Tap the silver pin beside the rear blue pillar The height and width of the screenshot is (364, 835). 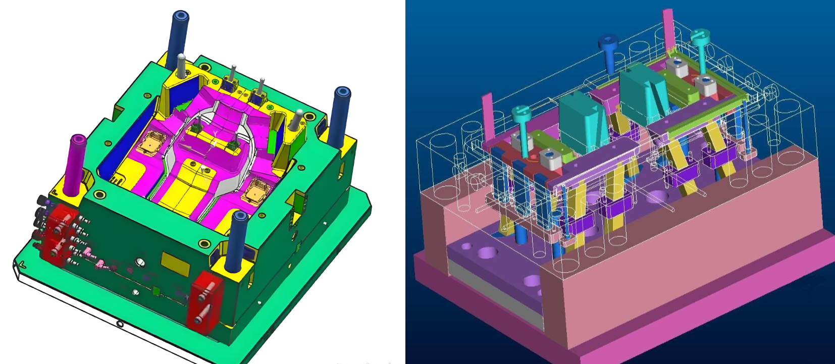pyautogui.click(x=181, y=66)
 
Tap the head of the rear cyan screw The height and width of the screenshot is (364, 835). pyautogui.click(x=700, y=35)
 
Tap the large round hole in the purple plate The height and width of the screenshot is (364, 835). pyautogui.click(x=487, y=252)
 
